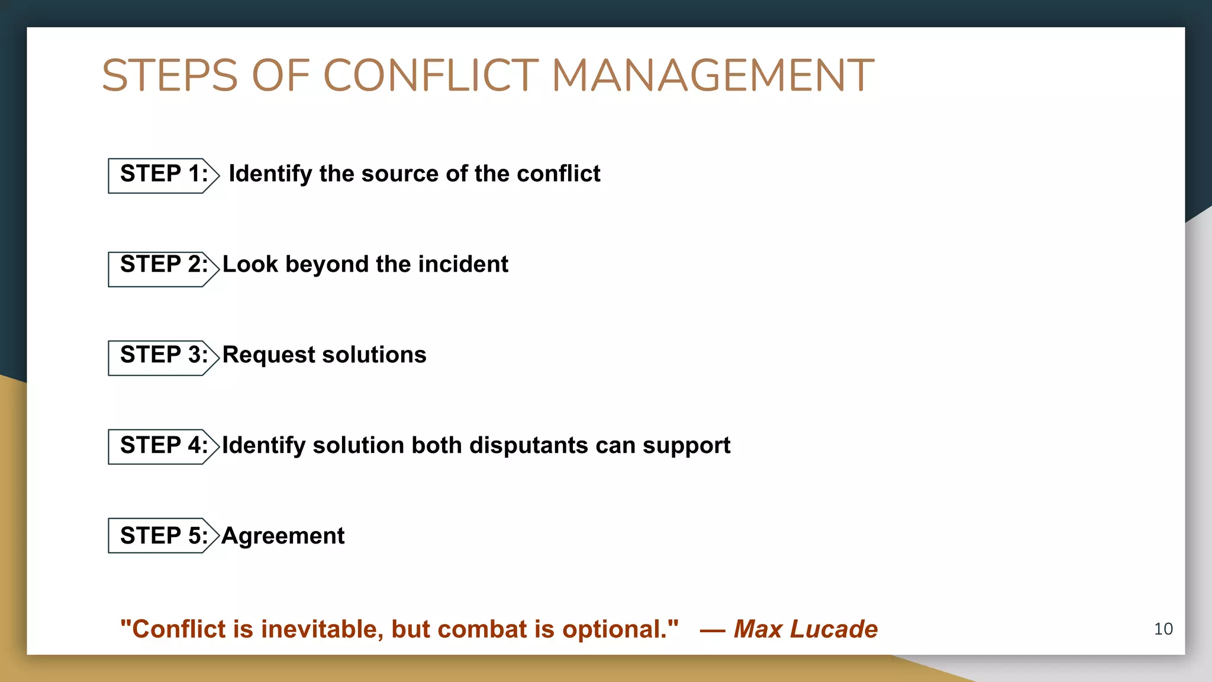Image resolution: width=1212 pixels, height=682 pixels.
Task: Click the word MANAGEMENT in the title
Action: pos(713,76)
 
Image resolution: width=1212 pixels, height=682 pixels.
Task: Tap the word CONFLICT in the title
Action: pos(431,76)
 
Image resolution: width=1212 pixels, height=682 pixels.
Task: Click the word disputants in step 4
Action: pos(528,445)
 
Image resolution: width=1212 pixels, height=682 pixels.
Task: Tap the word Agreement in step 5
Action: pos(283,536)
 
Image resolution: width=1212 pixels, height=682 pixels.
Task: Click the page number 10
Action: pos(1163,629)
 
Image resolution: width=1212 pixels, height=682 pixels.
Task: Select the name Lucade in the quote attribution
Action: pos(834,629)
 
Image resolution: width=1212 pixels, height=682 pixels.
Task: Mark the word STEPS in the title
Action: pos(170,76)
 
